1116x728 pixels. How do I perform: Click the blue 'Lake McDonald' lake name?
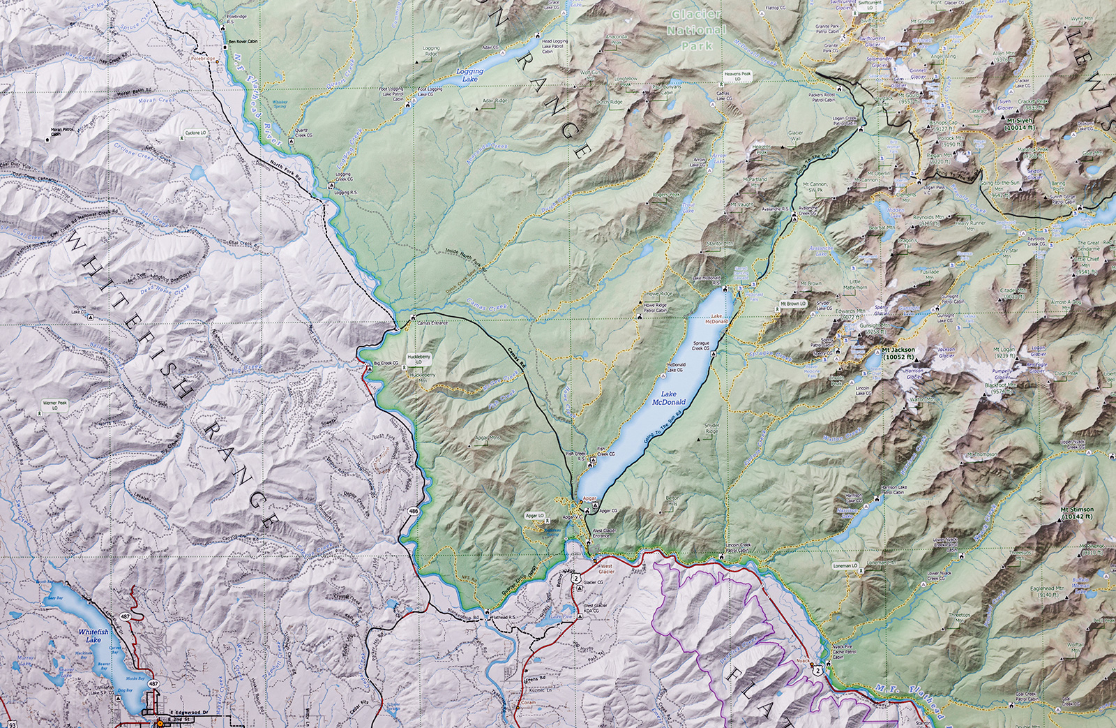point(668,398)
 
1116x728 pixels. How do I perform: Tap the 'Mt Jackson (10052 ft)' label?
point(898,353)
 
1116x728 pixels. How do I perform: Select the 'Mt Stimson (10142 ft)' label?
point(1077,513)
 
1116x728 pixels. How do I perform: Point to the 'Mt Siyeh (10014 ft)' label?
point(1019,124)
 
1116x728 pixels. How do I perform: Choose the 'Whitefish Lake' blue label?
point(93,635)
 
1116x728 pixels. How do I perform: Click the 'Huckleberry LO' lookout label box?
point(420,359)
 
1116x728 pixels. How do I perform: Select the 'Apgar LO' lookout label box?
point(535,516)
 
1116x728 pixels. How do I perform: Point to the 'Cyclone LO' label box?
point(195,133)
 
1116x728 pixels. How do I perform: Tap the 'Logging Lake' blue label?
point(470,75)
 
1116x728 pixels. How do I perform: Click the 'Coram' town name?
point(528,703)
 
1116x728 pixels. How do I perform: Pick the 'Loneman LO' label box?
point(845,566)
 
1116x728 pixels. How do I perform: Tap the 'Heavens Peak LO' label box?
point(737,76)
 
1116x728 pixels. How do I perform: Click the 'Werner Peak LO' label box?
point(55,405)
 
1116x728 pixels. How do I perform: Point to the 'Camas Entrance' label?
point(432,323)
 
